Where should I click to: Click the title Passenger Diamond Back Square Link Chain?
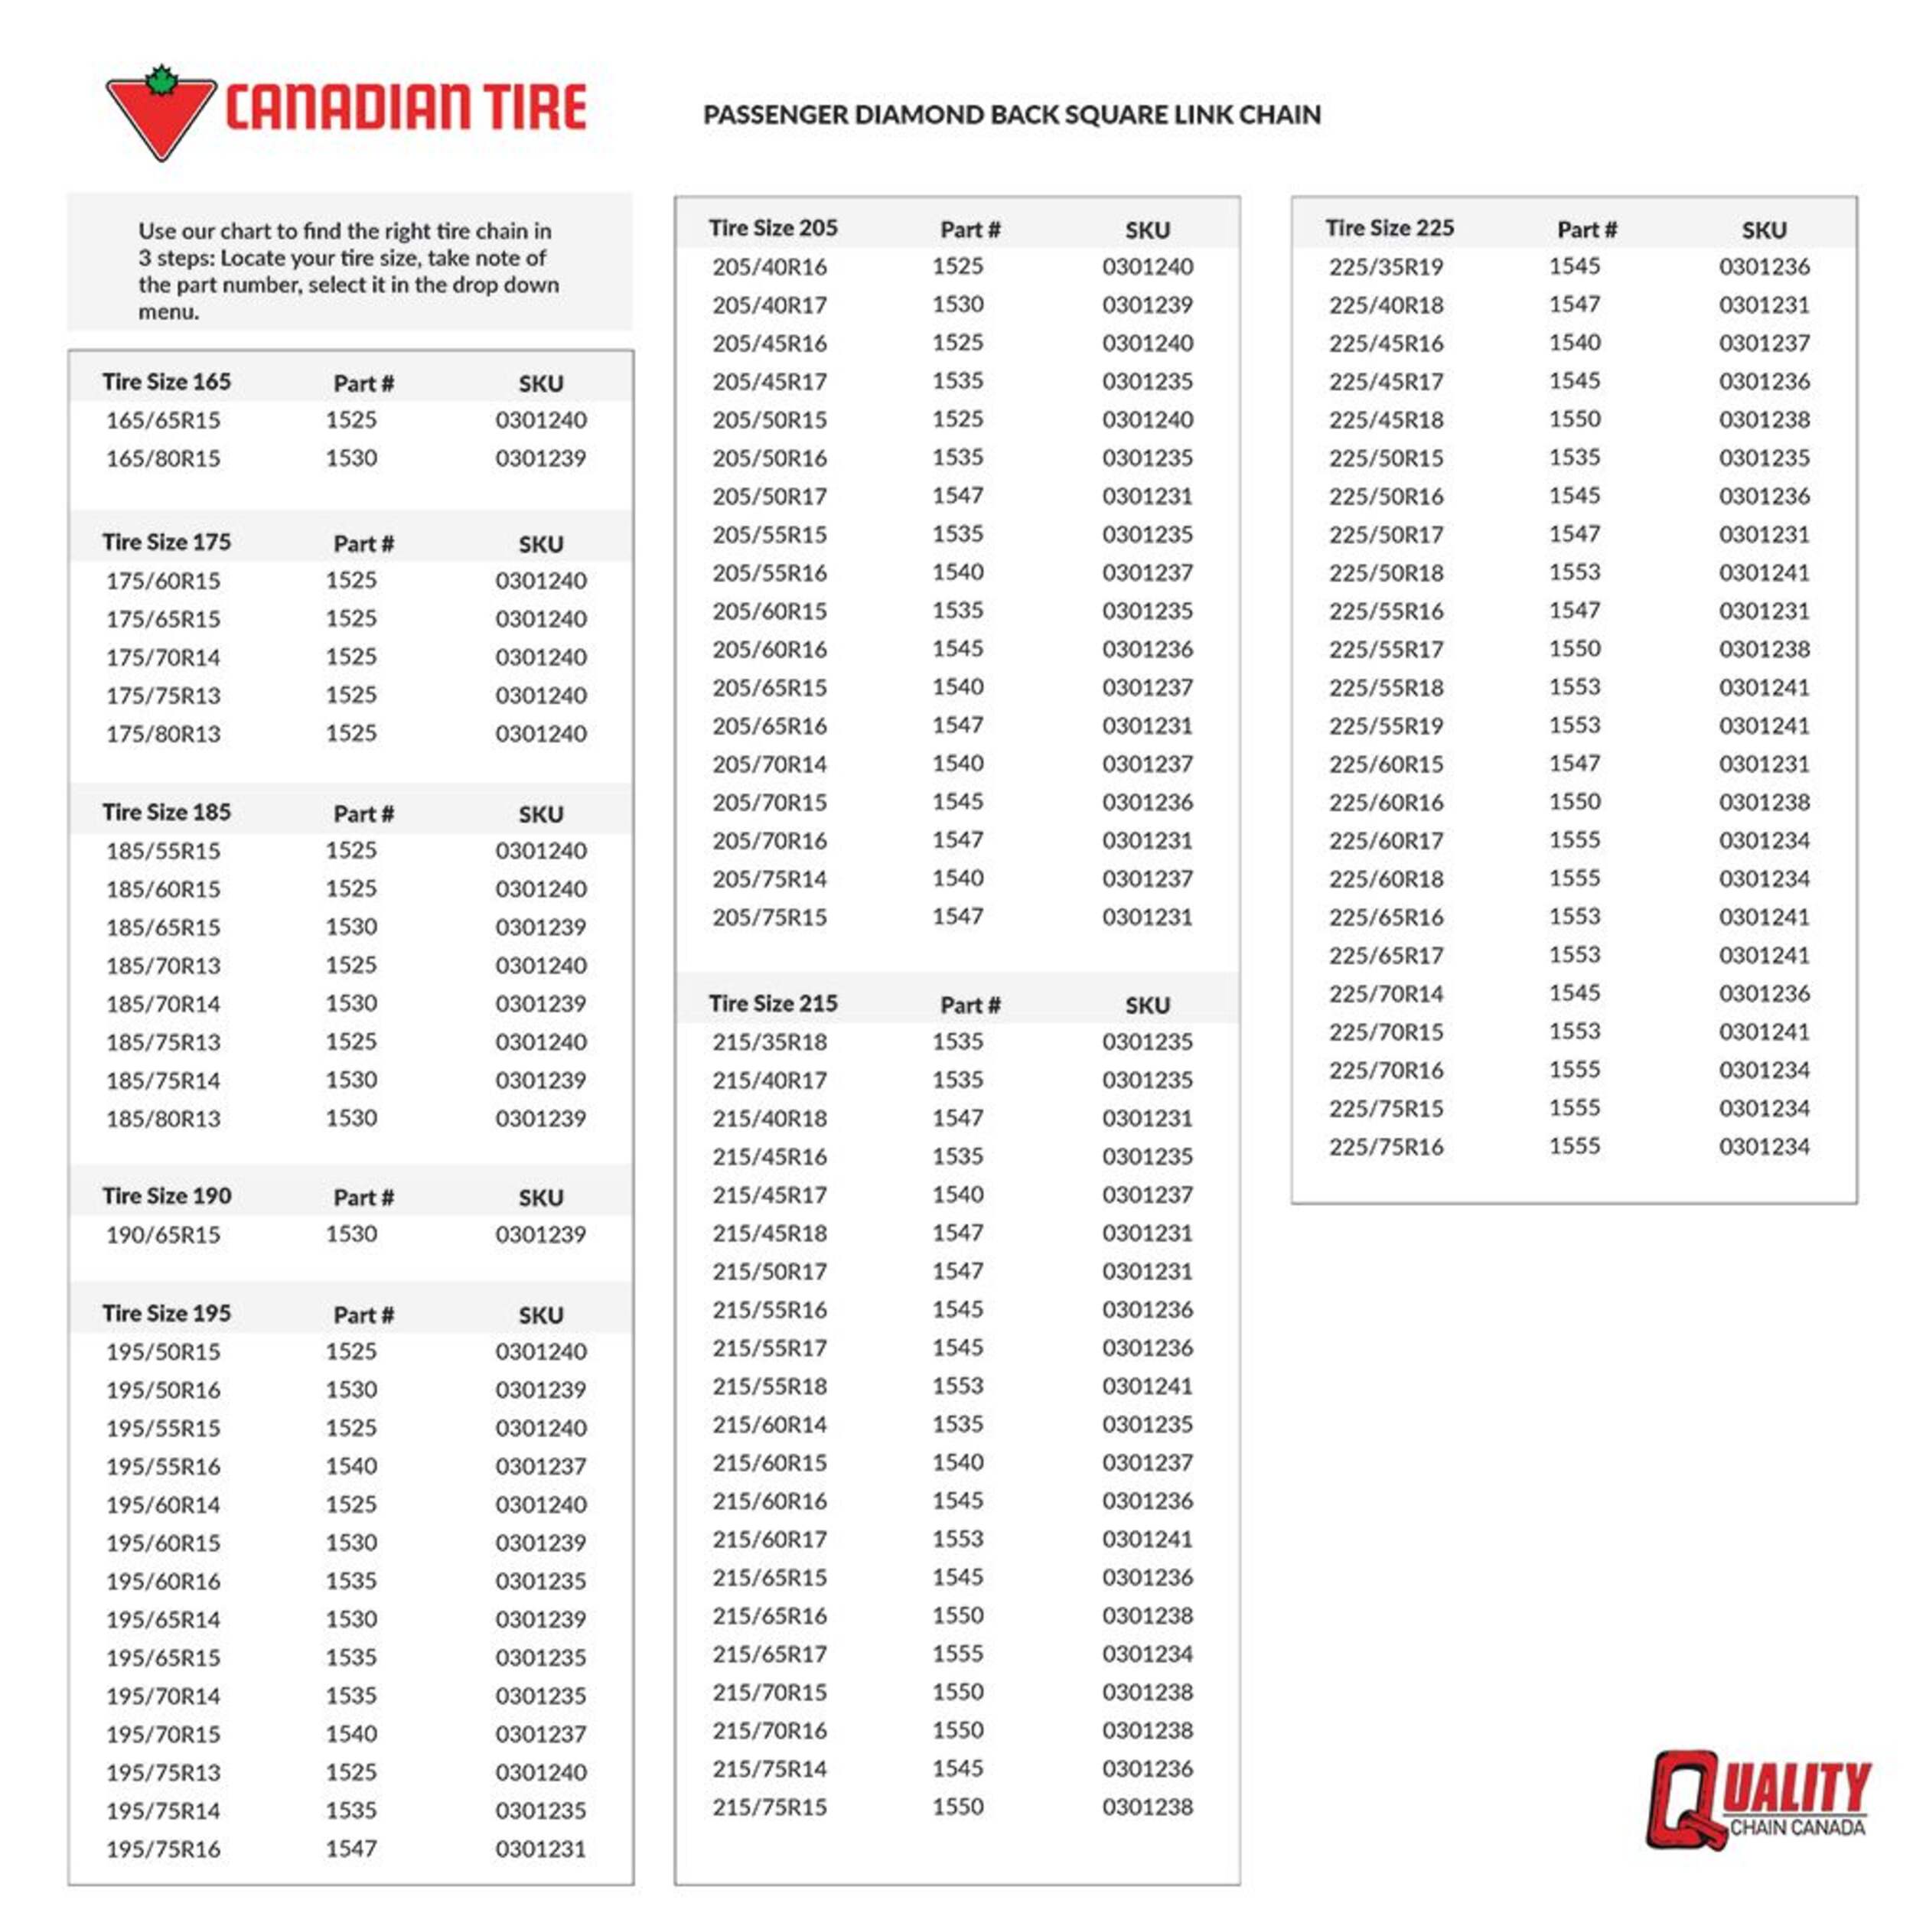click(x=1011, y=115)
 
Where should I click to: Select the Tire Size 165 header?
click(x=166, y=382)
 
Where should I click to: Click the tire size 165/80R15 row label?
click(x=164, y=458)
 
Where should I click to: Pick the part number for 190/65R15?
click(x=351, y=1234)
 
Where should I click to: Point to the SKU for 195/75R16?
click(x=541, y=1849)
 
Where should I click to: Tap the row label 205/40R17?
click(x=769, y=305)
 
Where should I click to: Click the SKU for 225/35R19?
click(x=1764, y=266)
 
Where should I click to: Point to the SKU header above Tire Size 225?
click(x=1764, y=230)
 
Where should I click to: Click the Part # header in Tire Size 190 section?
click(x=363, y=1197)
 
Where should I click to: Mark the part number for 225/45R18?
click(x=1574, y=419)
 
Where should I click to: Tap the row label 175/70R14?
click(x=164, y=657)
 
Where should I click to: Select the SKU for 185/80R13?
click(x=541, y=1118)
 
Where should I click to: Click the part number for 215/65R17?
click(x=957, y=1654)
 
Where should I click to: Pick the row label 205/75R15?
click(x=769, y=917)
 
